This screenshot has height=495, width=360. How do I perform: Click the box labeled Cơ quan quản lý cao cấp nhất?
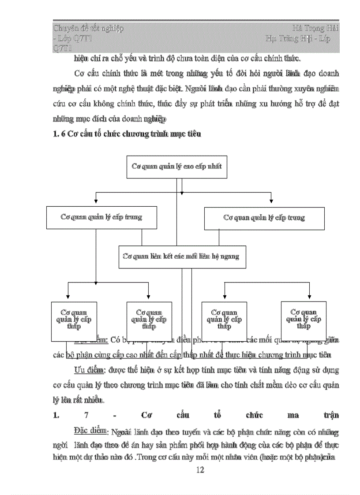176,167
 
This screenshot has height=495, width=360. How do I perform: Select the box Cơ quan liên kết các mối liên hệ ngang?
182,257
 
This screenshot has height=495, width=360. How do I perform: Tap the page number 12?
200,470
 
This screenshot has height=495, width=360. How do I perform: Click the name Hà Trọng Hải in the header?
318,29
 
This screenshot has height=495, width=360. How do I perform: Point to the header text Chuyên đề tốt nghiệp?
88,29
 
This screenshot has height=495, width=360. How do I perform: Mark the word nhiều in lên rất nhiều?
94,400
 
